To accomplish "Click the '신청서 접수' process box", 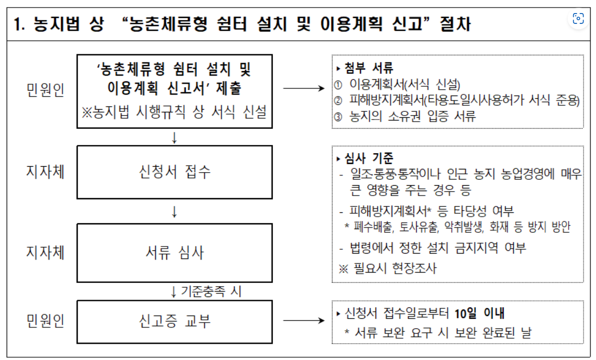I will tap(174, 172).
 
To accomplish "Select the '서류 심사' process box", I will tap(174, 252).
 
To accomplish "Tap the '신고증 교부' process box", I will tap(174, 321).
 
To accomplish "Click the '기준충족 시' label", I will tap(210, 291).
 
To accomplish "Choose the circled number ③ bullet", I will tap(338, 116).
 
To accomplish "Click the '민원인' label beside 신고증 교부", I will tap(45, 321).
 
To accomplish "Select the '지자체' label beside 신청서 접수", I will tap(45, 172).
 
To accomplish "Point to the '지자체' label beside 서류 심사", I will tap(45, 252).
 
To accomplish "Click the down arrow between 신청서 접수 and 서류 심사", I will tap(174, 211).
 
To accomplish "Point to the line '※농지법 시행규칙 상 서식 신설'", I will tap(174, 112).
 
